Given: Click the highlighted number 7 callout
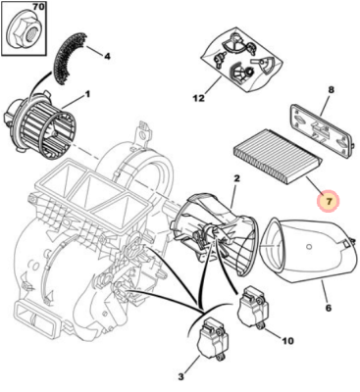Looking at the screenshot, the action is coord(330,201).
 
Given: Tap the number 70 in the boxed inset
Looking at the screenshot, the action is coord(39,7).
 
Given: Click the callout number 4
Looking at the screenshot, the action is coord(107,57).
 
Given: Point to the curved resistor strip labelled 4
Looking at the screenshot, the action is coord(70,57).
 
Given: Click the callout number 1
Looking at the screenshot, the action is coord(87,95).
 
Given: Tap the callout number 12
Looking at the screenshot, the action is coord(198,98).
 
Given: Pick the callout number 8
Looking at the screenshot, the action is coord(331,90).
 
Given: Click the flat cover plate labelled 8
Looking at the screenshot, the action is coord(320,128).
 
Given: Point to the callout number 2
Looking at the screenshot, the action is coord(236,178).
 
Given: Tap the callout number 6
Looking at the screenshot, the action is coord(329,308).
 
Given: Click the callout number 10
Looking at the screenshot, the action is coord(286,341).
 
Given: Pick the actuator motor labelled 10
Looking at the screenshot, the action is coord(254,306).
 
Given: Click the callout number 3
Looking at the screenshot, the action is coord(180,377).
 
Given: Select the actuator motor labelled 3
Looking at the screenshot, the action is coord(213,341).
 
